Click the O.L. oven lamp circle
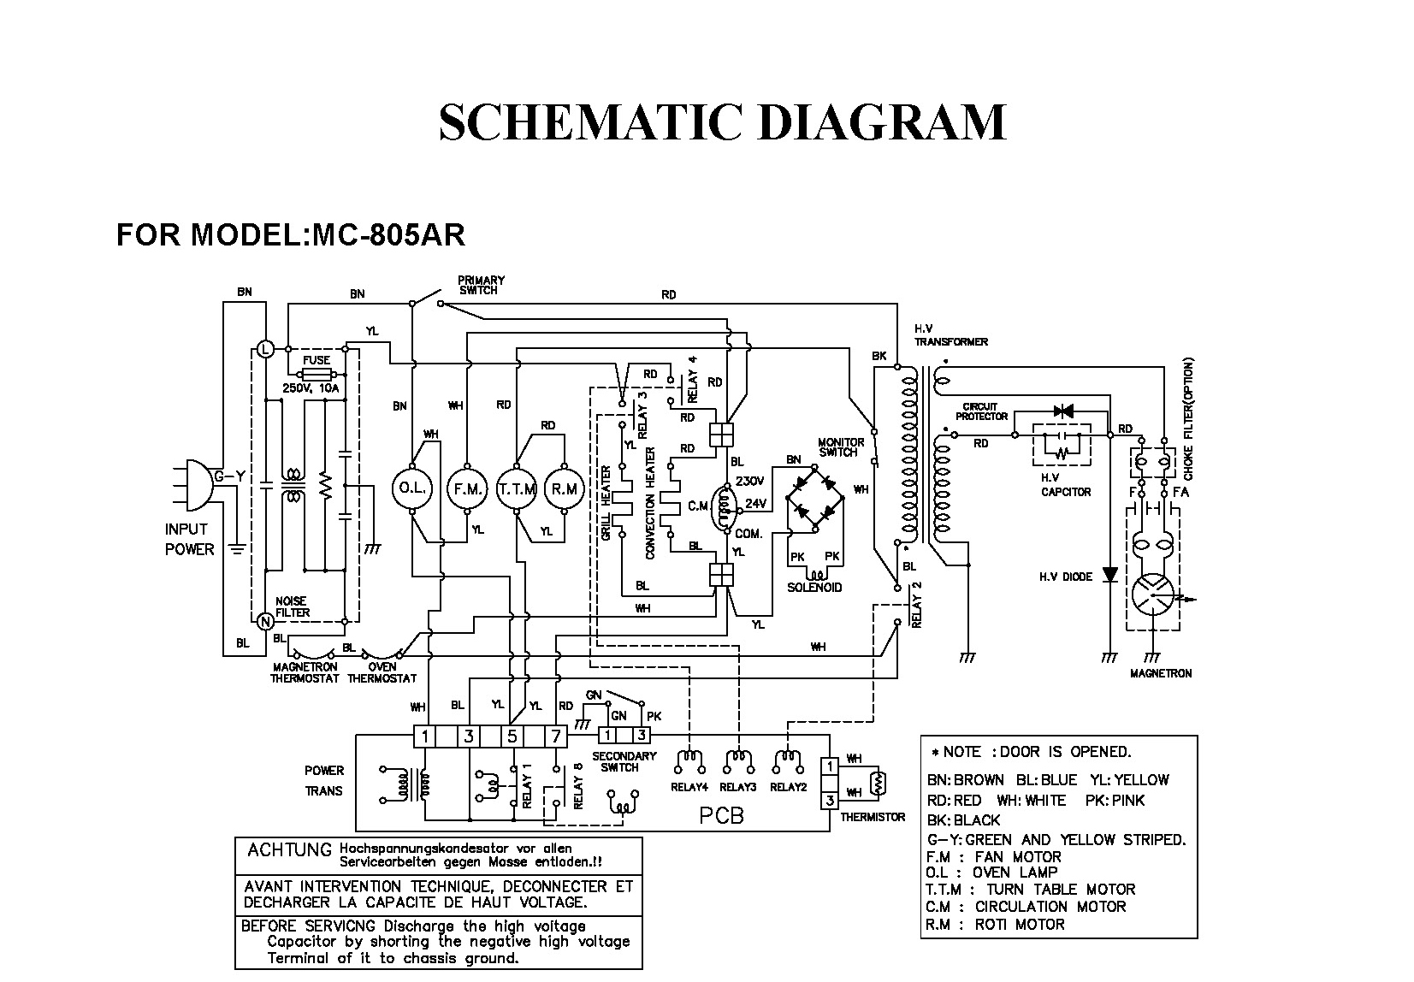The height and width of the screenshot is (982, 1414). click(x=412, y=489)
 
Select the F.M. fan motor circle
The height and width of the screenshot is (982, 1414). click(x=466, y=489)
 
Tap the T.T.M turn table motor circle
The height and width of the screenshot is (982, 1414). click(x=517, y=489)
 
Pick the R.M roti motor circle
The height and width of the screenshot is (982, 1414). click(x=565, y=489)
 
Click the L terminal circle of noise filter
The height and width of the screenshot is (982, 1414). click(x=264, y=349)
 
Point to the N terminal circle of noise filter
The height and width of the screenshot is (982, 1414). click(x=264, y=619)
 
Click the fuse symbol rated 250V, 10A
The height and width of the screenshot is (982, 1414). click(x=317, y=374)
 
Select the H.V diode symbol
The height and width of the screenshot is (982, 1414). click(x=1109, y=575)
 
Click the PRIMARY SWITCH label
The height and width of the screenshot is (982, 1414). click(x=481, y=285)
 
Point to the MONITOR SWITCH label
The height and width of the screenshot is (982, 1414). click(x=842, y=447)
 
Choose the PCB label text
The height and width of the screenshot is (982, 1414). click(x=721, y=815)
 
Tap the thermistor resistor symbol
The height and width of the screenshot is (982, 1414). click(x=875, y=780)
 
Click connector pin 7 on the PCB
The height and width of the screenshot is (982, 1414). click(x=556, y=736)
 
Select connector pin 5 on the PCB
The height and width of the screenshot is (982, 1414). click(x=512, y=736)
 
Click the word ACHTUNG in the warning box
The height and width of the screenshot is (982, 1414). click(x=288, y=850)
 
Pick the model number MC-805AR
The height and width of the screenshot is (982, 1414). click(x=388, y=234)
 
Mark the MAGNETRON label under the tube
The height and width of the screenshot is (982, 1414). click(x=1160, y=673)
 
